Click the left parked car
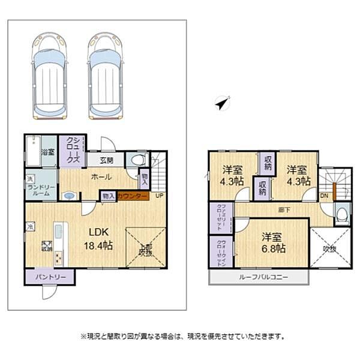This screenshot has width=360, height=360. tap(50, 76)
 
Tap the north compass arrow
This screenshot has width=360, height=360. tap(223, 104)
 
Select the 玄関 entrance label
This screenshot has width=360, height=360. tap(107, 160)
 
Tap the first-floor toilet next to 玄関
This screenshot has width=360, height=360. tap(137, 160)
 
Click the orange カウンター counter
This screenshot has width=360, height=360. tap(133, 196)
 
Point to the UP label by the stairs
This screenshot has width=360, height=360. tap(159, 196)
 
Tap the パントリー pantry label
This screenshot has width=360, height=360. tap(50, 277)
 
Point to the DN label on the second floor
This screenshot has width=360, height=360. tap(324, 196)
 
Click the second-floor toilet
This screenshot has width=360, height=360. tap(341, 214)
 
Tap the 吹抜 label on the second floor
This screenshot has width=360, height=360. tap(329, 247)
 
